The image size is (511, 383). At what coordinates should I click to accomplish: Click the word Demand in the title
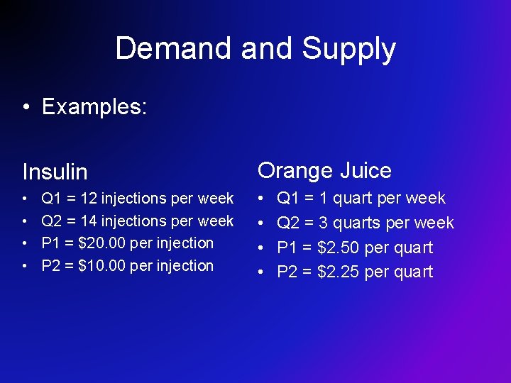coord(174,49)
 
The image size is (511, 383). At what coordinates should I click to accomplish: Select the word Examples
coord(94,106)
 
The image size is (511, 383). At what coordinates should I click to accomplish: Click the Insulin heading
coord(55,172)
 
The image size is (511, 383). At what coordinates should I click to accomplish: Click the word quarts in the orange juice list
coord(358,223)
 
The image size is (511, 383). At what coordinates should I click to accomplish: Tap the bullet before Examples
coord(26,107)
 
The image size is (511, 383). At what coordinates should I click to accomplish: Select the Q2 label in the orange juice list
coord(288,223)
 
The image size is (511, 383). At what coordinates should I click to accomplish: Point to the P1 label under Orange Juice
coord(287,248)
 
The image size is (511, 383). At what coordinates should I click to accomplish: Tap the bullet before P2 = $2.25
coord(262,272)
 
